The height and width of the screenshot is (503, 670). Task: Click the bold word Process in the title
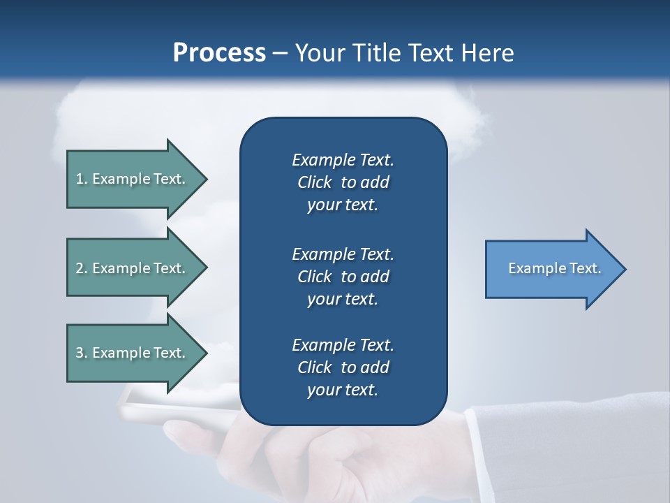[219, 53]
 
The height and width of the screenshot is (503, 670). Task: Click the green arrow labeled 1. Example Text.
[133, 179]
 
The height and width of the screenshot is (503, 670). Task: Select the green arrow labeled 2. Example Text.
[133, 268]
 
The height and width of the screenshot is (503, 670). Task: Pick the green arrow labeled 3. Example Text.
[133, 353]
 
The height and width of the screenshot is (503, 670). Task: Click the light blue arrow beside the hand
[551, 269]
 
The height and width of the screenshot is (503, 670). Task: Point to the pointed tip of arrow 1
[206, 179]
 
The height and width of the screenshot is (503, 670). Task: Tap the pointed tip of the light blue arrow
[625, 269]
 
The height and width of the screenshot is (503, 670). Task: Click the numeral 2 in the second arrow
[80, 268]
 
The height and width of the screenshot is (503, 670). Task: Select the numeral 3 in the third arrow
[80, 353]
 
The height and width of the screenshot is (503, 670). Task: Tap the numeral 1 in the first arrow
[80, 179]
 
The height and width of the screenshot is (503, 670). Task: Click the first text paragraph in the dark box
[343, 182]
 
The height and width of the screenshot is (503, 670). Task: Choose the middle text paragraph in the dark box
[343, 277]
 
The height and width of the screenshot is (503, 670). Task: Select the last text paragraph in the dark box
[343, 367]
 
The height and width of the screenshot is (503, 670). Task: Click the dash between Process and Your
[280, 54]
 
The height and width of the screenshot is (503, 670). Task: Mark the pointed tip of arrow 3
[206, 353]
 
